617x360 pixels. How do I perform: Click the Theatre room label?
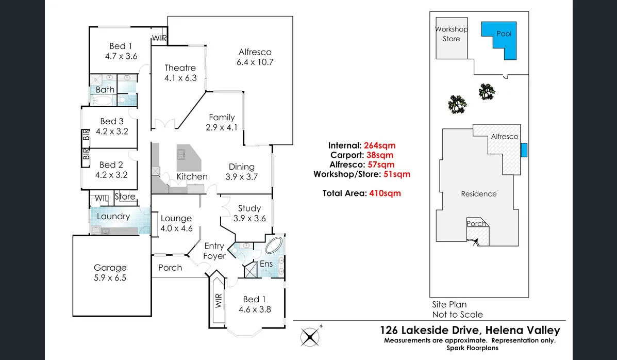[180, 68]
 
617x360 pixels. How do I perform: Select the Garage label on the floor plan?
[110, 268]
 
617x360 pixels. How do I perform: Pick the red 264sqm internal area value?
[379, 145]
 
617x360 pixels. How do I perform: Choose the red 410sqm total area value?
[385, 193]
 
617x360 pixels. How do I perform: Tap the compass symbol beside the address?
[310, 337]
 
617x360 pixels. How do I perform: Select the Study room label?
[249, 208]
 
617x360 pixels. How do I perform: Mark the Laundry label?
[113, 216]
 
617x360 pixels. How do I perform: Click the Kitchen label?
[192, 176]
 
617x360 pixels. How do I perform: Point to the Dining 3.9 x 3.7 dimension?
[241, 176]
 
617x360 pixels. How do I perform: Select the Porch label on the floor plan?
[170, 268]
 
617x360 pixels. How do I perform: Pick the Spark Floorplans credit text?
[527, 348]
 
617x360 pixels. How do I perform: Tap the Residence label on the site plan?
[479, 194]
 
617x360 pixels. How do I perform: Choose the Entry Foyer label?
[214, 251]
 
